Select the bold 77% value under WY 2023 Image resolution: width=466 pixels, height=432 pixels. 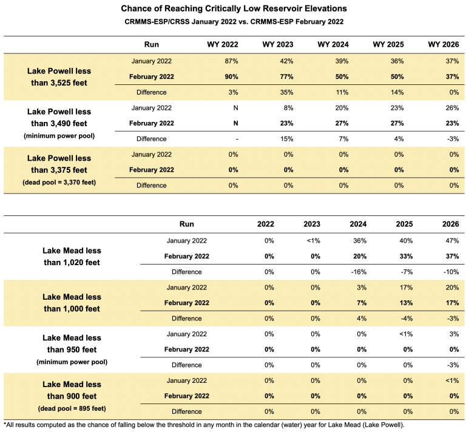tap(286, 77)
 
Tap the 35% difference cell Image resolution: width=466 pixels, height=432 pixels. tap(286, 92)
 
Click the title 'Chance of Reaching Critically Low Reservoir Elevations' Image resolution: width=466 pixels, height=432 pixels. tap(234, 9)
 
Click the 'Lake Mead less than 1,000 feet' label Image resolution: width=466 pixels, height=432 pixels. tap(72, 302)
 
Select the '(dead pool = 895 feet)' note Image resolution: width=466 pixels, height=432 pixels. tap(72, 407)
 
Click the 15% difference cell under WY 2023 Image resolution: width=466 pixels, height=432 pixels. tap(286, 139)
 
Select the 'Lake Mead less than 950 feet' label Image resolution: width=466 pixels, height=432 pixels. tap(72, 343)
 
